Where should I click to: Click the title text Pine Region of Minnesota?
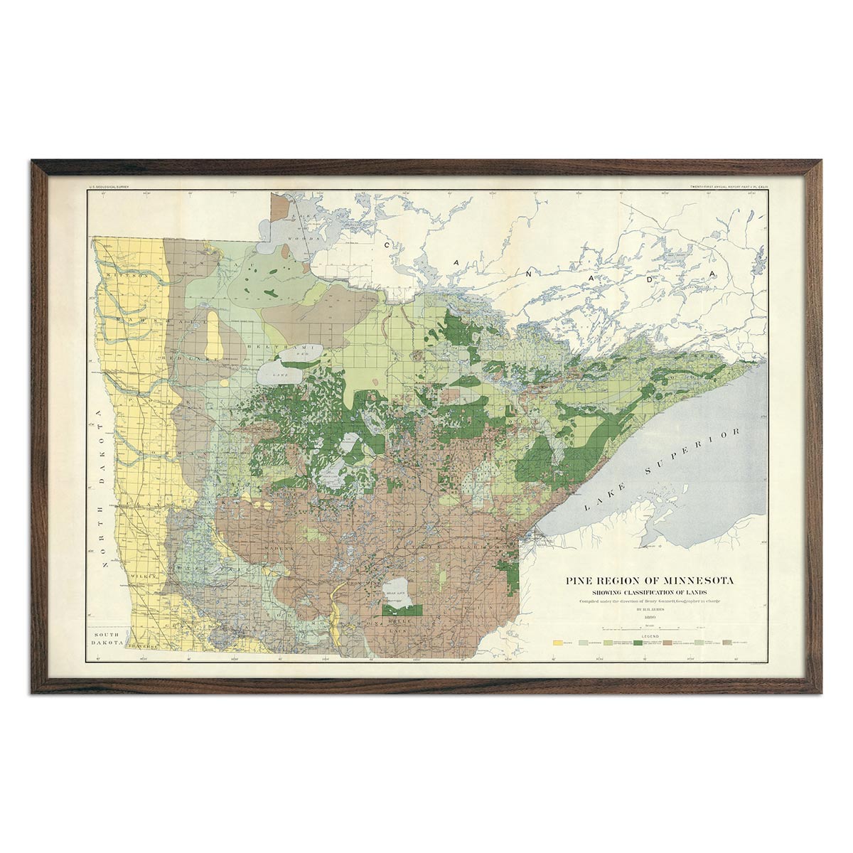(x=650, y=580)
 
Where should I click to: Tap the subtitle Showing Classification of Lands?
(x=650, y=592)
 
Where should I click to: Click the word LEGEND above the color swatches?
(x=650, y=636)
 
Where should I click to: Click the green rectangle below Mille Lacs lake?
(x=403, y=611)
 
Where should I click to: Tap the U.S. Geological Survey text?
(x=107, y=188)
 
